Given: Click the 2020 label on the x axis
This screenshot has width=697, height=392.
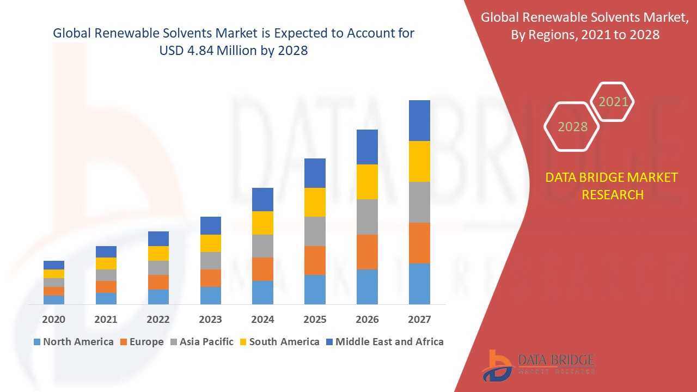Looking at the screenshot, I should [x=54, y=320].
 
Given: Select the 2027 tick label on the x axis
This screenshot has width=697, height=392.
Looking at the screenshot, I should [x=419, y=320].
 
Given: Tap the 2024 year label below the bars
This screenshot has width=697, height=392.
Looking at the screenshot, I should [x=262, y=320].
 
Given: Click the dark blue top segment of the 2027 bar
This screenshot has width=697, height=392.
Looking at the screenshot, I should [x=419, y=120].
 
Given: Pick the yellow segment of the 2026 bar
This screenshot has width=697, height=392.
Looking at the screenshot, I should [x=367, y=182].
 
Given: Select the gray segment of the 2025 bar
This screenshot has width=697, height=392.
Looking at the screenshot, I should [x=315, y=231].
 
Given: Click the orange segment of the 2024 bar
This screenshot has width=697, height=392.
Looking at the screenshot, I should [x=262, y=269].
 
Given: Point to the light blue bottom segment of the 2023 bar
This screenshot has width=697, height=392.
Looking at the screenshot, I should [x=211, y=295].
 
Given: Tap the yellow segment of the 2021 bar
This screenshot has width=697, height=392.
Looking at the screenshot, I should [x=106, y=264].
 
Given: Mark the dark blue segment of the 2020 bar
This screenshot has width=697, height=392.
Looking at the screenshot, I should [x=54, y=265].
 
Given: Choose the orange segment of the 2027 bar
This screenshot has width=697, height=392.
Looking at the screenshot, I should [x=419, y=243].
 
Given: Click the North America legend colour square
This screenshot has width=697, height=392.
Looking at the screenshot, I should [x=37, y=342].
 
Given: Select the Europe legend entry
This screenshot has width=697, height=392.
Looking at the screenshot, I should [x=142, y=342].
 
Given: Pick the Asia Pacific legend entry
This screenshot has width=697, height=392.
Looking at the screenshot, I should [x=201, y=342].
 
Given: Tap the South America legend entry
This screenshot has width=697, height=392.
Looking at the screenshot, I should [x=279, y=342].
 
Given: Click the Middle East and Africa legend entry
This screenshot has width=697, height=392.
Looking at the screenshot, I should [x=384, y=342].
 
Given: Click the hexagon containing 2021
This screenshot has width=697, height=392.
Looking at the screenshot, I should [x=613, y=102].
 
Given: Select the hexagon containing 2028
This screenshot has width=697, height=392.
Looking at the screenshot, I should [x=572, y=126].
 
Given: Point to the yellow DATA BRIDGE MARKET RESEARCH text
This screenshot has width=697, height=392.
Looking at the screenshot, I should [x=612, y=186].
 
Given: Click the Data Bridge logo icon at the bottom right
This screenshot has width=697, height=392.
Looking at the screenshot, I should [x=498, y=365].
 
